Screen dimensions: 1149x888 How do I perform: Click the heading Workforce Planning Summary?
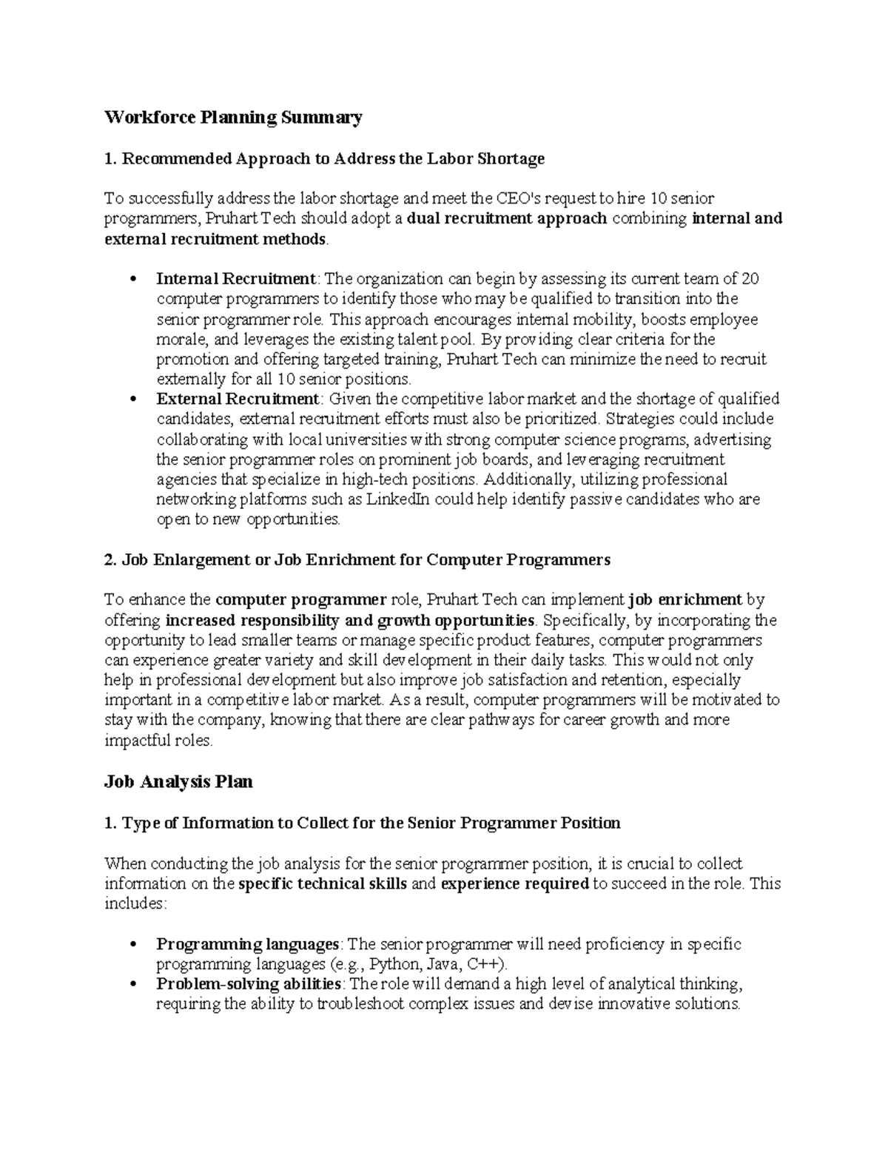click(233, 118)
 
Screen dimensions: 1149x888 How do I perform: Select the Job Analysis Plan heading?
click(178, 781)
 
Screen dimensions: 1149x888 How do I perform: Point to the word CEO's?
click(519, 198)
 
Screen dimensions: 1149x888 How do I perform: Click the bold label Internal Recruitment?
click(236, 279)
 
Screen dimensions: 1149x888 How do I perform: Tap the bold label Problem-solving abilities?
click(249, 984)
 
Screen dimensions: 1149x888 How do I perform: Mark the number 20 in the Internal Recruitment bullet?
click(750, 279)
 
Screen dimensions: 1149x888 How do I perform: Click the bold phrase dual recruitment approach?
click(507, 219)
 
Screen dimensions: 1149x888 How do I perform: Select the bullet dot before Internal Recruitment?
click(133, 280)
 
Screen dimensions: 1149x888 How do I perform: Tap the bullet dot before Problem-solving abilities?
click(133, 985)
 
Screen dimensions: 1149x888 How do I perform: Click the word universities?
click(368, 439)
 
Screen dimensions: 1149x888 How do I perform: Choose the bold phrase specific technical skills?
click(322, 884)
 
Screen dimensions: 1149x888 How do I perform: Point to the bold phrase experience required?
click(514, 884)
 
